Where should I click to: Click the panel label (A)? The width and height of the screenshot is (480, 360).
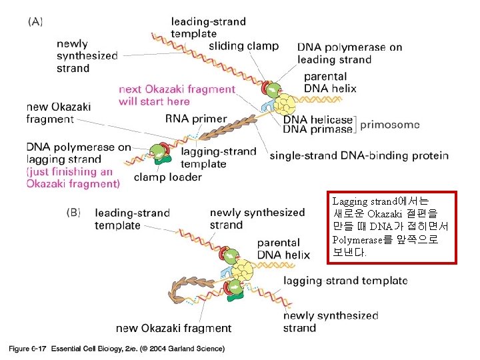click(x=35, y=21)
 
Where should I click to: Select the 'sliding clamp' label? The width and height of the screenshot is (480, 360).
click(x=244, y=47)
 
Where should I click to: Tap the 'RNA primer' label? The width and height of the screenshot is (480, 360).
click(x=196, y=119)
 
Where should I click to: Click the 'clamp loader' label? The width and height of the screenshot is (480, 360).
click(x=167, y=177)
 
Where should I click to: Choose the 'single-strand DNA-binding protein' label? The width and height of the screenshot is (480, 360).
click(x=359, y=156)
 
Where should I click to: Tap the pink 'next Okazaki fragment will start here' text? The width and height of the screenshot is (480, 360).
click(x=177, y=95)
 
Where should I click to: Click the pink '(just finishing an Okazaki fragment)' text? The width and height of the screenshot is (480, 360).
click(x=73, y=177)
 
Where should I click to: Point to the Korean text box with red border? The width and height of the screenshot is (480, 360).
click(x=391, y=227)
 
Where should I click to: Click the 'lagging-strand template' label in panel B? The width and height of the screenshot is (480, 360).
click(x=345, y=281)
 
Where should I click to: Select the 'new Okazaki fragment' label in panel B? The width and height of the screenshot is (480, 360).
click(x=173, y=328)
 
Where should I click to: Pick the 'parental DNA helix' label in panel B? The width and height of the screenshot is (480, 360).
click(x=283, y=249)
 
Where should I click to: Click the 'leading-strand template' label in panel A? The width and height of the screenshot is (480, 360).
click(x=208, y=27)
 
